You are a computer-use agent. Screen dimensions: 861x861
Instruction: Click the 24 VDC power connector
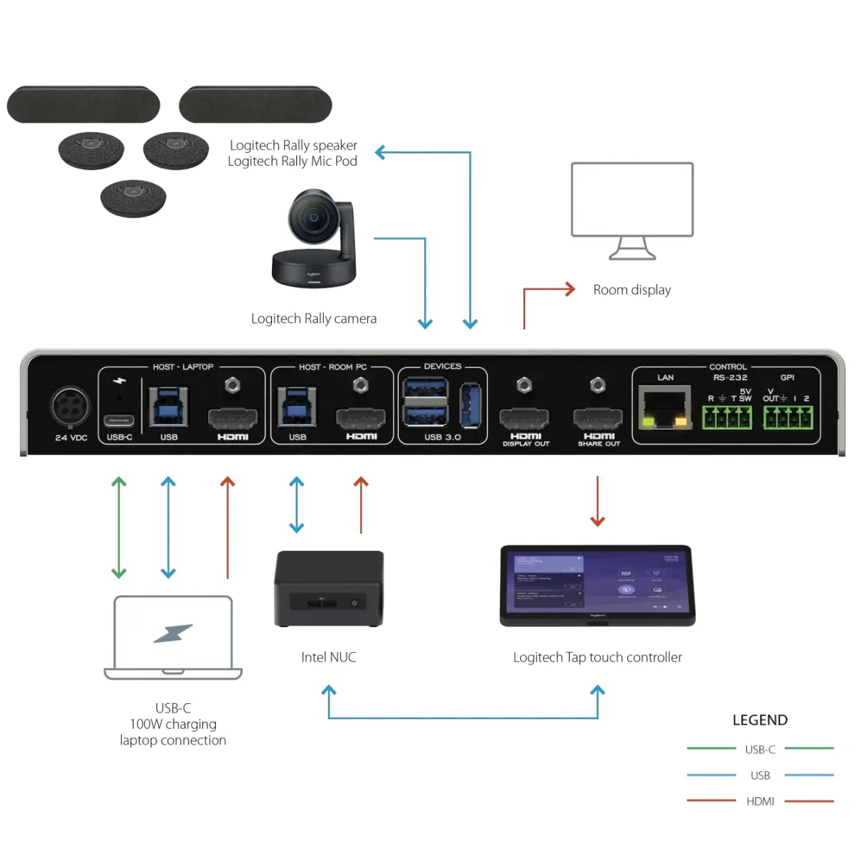pos(70,408)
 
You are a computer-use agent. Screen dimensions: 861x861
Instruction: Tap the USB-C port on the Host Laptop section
pos(118,420)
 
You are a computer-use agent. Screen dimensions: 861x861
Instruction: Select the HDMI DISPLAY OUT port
pos(524,418)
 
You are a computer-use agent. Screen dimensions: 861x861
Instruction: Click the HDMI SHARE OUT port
pos(598,418)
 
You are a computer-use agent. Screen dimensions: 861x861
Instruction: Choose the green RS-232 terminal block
pos(727,417)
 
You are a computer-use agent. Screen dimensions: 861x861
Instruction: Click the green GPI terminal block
pos(788,417)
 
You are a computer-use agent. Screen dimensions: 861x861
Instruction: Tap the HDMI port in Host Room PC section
pos(361,418)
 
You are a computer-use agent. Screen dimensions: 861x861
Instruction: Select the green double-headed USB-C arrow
pos(119,527)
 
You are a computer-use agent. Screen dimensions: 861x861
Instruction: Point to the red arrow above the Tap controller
pos(598,501)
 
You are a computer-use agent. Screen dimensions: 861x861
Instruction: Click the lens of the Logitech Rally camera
pos(312,217)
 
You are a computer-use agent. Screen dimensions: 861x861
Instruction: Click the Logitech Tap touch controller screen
pos(597,583)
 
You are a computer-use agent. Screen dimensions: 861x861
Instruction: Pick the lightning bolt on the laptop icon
pos(173,634)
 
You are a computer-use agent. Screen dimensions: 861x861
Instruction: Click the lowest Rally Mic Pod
pos(133,197)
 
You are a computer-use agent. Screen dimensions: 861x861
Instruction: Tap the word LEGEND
pos(760,720)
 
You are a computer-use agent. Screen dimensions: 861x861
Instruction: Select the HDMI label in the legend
pos(760,801)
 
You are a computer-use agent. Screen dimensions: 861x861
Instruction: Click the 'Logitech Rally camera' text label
pos(314,319)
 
